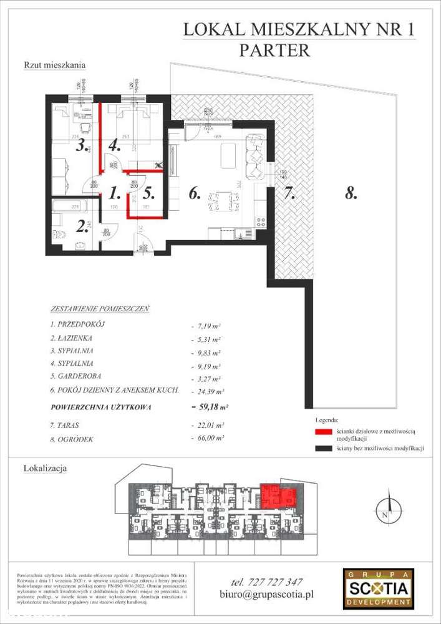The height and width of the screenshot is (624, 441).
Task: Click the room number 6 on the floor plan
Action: coord(194,194)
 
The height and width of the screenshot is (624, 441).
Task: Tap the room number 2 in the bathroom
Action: coord(81,225)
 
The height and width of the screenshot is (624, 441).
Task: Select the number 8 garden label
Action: coord(351,194)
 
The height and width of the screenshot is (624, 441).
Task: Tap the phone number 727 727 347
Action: coord(266,582)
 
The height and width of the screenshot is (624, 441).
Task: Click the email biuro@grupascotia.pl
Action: coord(266,595)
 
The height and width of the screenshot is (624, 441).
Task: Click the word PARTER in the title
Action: coord(274,50)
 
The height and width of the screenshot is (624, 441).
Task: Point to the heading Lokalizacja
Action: coord(45,467)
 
